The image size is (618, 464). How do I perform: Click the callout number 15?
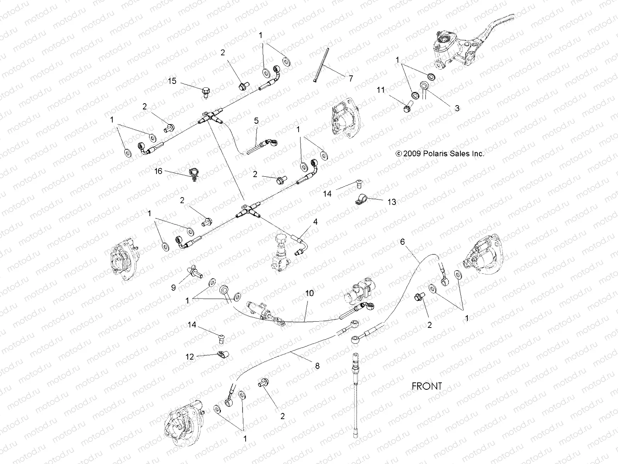(172, 81)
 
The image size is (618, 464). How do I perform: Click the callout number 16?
(159, 171)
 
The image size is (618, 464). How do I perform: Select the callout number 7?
(351, 78)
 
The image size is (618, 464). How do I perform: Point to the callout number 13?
(392, 202)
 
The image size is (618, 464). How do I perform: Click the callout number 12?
(190, 357)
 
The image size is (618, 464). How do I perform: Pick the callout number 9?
(173, 287)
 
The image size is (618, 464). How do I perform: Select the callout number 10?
(309, 293)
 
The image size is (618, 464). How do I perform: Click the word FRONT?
(426, 386)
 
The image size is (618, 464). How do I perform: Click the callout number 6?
(402, 242)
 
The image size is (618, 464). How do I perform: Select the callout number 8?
(317, 366)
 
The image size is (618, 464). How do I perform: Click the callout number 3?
(457, 108)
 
